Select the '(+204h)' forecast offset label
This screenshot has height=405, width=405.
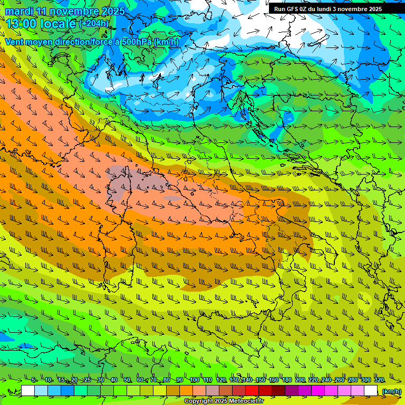[x=94, y=23]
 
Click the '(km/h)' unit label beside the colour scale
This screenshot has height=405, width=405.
[x=391, y=391]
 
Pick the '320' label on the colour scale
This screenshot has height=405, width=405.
[x=379, y=380]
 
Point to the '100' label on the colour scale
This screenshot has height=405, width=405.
[x=194, y=380]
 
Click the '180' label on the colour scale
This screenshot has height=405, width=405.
[x=286, y=380]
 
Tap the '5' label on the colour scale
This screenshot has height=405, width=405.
[x=34, y=380]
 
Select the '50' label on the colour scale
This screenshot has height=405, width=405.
[x=127, y=380]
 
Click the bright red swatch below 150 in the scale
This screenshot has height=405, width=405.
[x=252, y=391]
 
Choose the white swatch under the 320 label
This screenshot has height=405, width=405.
[x=371, y=391]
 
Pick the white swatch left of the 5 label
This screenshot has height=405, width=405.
[x=28, y=391]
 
